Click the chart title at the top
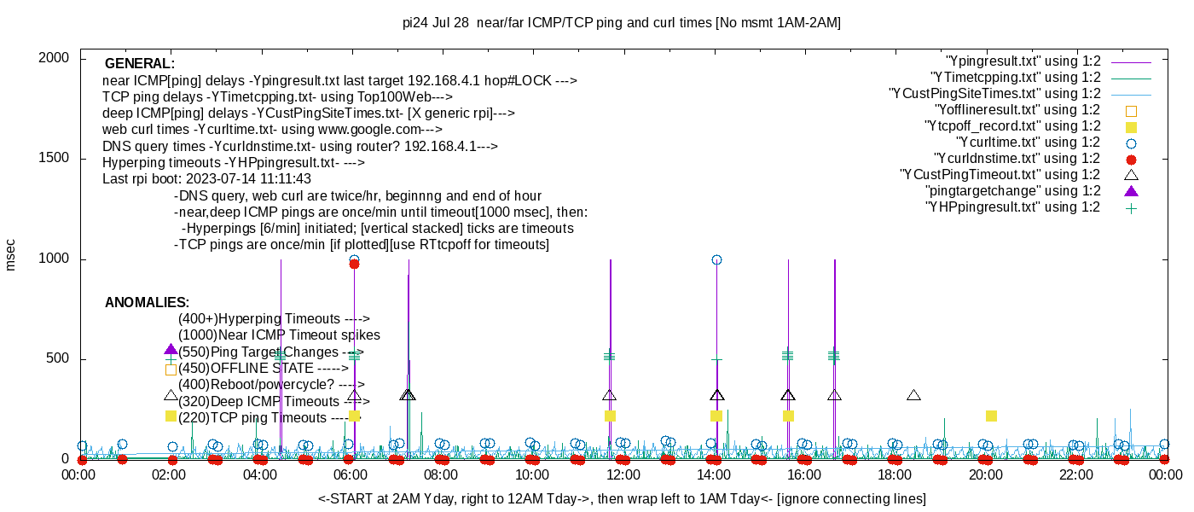[x=621, y=23]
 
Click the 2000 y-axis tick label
[x=57, y=58]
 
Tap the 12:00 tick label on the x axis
[x=623, y=474]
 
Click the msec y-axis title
[x=11, y=254]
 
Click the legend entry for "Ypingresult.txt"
[x=1023, y=61]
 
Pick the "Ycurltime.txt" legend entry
[x=1029, y=143]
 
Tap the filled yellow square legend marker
[x=1132, y=126]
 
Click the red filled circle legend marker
[x=1132, y=159]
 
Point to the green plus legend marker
[x=1132, y=207]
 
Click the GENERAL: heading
[x=140, y=64]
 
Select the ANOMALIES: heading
[x=147, y=303]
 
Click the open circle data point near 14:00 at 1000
[x=716, y=259]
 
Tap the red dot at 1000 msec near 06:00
[x=354, y=264]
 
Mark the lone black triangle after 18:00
[x=913, y=395]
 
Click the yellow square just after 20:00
[x=991, y=416]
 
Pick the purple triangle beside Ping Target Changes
[x=171, y=350]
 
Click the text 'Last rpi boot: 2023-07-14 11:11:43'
[x=206, y=179]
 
